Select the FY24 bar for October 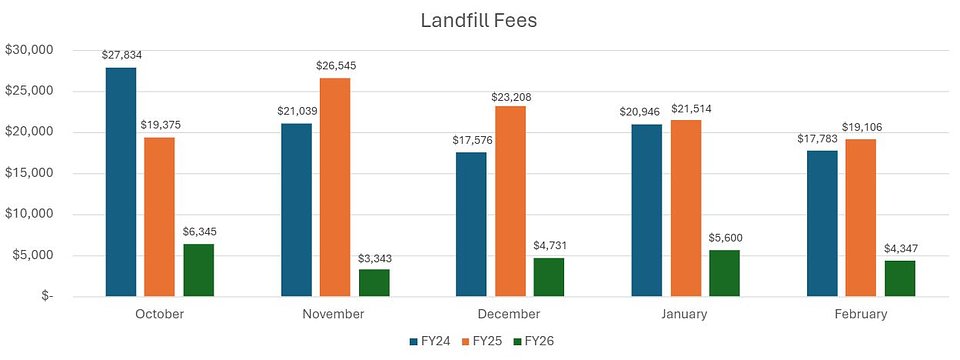121,182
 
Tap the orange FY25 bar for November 335,187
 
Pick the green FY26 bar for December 548,277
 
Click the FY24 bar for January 646,210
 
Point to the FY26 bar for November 374,283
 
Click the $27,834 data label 121,56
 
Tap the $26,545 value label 335,66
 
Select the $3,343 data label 374,257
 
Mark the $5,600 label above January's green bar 724,238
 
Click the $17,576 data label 471,140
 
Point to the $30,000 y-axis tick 34,50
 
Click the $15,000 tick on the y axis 34,173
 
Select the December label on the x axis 509,314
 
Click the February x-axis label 860,314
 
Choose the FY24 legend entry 430,341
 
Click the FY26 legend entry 530,341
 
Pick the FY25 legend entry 480,341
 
